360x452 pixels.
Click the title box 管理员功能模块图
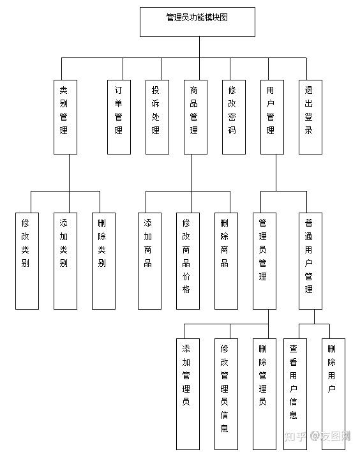coord(197,22)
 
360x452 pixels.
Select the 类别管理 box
coord(66,117)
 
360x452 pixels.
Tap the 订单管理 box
coord(119,117)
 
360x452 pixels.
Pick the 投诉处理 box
coord(158,117)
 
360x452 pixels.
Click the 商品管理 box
coord(196,117)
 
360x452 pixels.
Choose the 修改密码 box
coord(234,117)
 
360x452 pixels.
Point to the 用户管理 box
coord(272,117)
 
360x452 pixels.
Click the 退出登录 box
coord(310,117)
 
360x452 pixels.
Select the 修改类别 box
coord(27,261)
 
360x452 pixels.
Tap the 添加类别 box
coord(66,261)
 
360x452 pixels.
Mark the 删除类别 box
coord(104,261)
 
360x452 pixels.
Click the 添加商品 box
coord(149,261)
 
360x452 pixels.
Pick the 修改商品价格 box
coord(188,261)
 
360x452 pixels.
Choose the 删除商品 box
coord(226,261)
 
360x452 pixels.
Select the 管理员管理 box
coord(265,261)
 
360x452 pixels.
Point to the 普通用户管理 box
coord(310,261)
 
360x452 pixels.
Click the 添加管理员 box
coord(188,394)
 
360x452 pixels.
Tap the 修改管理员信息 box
coord(226,394)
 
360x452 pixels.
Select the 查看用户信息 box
coord(295,394)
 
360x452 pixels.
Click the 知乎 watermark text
coord(295,437)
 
